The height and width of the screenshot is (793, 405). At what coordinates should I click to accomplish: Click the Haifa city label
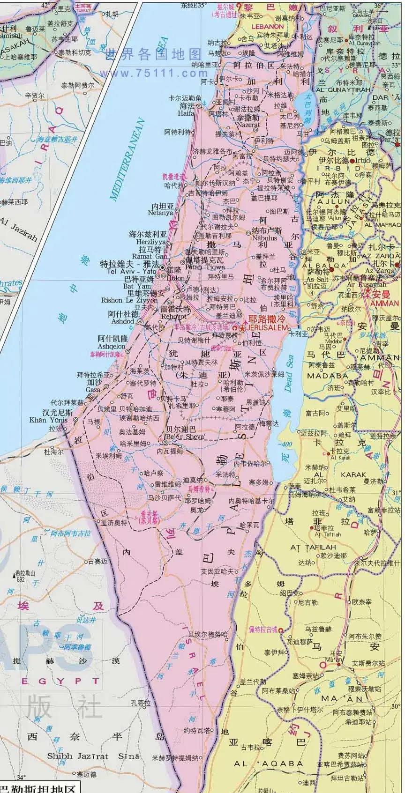(186, 113)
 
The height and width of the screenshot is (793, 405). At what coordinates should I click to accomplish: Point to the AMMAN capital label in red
(383, 303)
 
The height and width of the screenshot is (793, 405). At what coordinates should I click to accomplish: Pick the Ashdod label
(122, 321)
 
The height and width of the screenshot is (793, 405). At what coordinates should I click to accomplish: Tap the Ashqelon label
(112, 346)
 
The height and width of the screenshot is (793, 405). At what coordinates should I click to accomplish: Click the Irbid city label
(363, 160)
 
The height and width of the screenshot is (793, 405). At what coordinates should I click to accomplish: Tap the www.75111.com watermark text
(153, 74)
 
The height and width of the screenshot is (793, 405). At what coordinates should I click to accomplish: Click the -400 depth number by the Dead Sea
(284, 444)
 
